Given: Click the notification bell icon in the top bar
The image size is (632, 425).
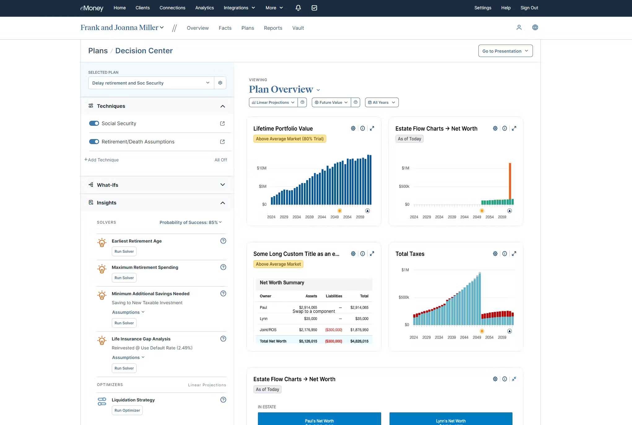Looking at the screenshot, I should (298, 8).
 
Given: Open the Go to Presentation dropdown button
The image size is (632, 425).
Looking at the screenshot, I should (505, 51).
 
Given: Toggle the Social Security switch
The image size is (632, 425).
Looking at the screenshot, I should (94, 123).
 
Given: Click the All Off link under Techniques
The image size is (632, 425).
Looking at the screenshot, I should (220, 160).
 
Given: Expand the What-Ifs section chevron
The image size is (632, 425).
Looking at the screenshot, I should (222, 185).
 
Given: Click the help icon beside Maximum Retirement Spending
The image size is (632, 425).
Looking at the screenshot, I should (223, 267).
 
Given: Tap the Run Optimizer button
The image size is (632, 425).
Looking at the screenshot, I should (127, 410).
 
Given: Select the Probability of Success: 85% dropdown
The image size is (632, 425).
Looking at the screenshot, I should (190, 222).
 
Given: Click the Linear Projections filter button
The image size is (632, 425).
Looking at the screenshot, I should (273, 103).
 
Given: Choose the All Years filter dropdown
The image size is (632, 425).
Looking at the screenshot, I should (381, 103).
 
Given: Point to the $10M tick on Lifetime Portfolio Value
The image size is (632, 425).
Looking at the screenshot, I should (261, 168).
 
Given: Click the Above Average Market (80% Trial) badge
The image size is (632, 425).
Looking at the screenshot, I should (290, 139).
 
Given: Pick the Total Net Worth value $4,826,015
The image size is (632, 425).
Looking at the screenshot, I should (359, 341).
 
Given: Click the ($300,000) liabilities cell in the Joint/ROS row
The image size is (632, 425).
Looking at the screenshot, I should (333, 330).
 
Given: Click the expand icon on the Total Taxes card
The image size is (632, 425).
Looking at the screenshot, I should (514, 254).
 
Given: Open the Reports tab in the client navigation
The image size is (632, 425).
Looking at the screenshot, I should (273, 28).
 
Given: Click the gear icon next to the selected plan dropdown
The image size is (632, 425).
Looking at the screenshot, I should (220, 83).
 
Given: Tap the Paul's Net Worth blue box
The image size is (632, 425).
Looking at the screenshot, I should (319, 419).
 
